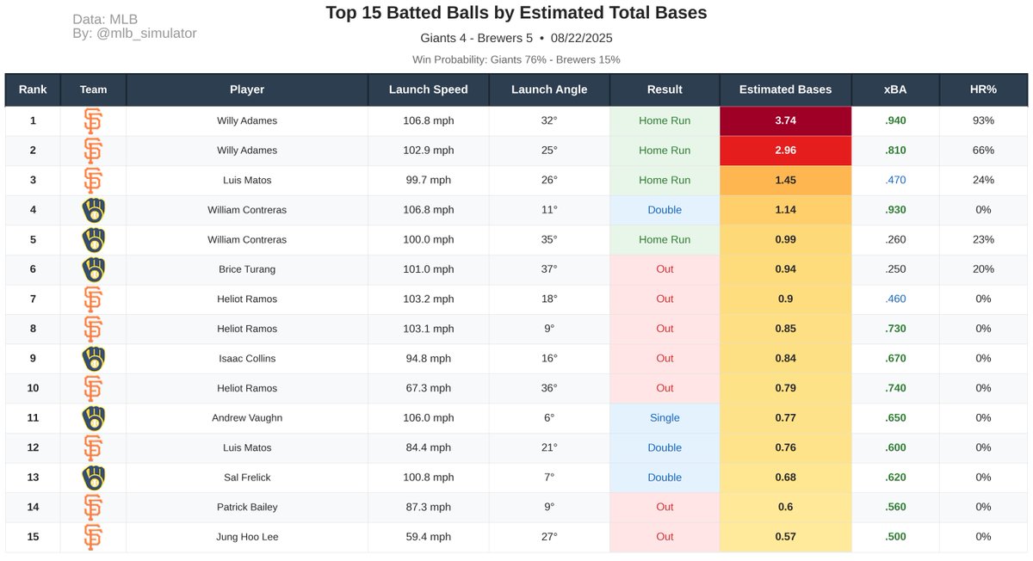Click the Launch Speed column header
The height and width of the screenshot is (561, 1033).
click(x=428, y=89)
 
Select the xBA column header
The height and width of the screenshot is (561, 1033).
click(x=894, y=89)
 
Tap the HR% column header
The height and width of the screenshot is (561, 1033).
click(x=982, y=89)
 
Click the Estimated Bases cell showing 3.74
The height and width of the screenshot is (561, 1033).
click(x=785, y=120)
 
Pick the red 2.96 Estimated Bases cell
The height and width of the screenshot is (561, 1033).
click(x=785, y=151)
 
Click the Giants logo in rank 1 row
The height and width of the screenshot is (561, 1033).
click(x=93, y=120)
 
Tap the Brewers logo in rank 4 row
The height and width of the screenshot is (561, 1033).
click(x=93, y=210)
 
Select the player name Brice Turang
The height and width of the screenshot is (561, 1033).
click(x=247, y=269)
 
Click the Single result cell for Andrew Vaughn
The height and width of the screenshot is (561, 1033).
click(x=665, y=418)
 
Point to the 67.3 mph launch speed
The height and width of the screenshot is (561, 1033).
click(x=428, y=388)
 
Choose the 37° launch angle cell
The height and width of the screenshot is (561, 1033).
click(x=549, y=269)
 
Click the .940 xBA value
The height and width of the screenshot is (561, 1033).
click(x=894, y=120)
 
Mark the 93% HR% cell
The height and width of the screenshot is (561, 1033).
click(x=982, y=120)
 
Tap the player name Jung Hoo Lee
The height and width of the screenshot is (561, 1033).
click(x=247, y=537)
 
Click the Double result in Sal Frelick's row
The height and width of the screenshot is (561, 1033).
click(x=665, y=478)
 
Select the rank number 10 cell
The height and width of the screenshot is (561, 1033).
click(x=33, y=388)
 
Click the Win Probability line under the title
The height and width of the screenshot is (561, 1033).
click(x=516, y=59)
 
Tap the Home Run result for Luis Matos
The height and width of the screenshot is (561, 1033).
click(x=665, y=180)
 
